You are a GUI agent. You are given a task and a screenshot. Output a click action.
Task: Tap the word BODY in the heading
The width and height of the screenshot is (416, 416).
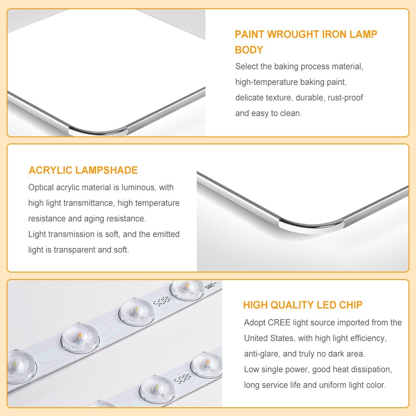pyautogui.click(x=249, y=50)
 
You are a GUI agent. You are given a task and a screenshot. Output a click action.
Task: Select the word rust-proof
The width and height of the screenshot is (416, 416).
pyautogui.click(x=345, y=98)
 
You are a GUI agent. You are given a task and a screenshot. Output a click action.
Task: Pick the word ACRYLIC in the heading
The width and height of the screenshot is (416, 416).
pyautogui.click(x=50, y=170)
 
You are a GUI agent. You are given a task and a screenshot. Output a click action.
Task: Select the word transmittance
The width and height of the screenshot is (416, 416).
pyautogui.click(x=87, y=203)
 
